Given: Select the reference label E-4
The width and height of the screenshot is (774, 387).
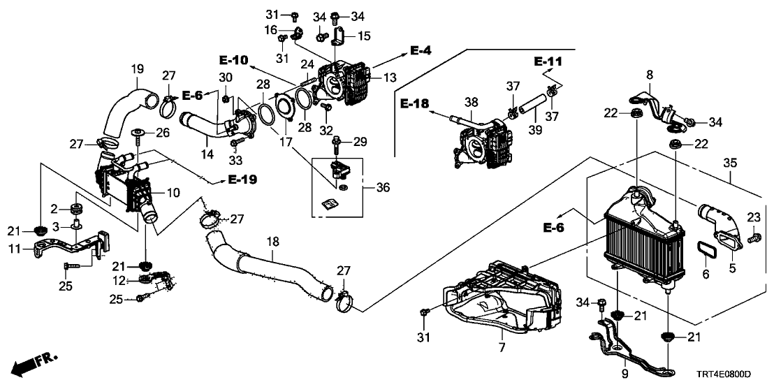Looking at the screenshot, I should click(x=421, y=50).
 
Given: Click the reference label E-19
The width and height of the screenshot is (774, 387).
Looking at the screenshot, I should click(x=243, y=180).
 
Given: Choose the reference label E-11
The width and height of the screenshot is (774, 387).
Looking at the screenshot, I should click(x=548, y=61).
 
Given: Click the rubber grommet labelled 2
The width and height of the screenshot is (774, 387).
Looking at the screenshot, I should click(x=75, y=209).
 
